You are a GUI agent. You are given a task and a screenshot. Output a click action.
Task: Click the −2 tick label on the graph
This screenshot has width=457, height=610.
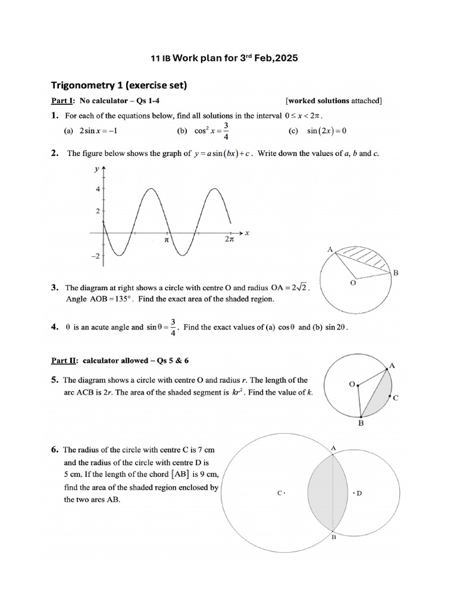point(95,256)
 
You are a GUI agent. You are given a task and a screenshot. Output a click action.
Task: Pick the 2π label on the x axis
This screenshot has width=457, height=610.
point(230,239)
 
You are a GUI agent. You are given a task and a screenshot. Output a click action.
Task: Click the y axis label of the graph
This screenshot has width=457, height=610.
point(96,169)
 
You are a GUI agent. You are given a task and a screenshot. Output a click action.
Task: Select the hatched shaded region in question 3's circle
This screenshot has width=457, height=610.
point(367,257)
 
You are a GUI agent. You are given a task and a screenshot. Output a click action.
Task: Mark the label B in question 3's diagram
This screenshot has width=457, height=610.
point(396,273)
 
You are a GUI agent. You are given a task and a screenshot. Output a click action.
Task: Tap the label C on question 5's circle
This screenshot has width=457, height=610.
point(396,398)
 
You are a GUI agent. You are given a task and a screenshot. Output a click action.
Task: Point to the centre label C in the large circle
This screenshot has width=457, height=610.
point(280,493)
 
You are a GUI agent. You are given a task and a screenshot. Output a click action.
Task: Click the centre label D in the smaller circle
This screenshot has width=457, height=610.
point(359,493)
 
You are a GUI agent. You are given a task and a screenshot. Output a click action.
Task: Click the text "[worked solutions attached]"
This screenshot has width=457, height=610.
point(333,101)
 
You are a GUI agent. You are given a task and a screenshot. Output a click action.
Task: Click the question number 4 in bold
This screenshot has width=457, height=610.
point(54,327)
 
